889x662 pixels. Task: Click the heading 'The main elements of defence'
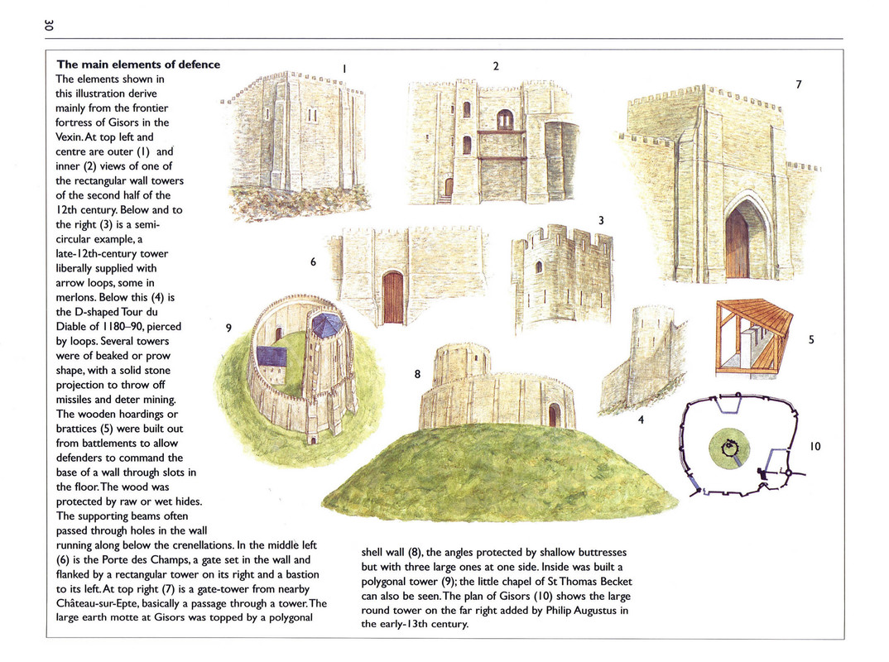(138, 65)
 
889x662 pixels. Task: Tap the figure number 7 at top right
(798, 84)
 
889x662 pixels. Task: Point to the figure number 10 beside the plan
(815, 446)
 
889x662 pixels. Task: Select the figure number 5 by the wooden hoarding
(811, 339)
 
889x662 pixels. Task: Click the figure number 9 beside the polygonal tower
(228, 328)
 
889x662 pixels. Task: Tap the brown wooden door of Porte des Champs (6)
(393, 297)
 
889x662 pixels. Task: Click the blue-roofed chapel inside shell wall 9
(272, 357)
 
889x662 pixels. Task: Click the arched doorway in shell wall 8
(554, 415)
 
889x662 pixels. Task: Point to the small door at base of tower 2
(449, 187)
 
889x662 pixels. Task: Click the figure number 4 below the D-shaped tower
(641, 420)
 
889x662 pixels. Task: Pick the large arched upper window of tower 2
(505, 120)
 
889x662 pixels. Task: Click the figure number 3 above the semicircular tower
(601, 220)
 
